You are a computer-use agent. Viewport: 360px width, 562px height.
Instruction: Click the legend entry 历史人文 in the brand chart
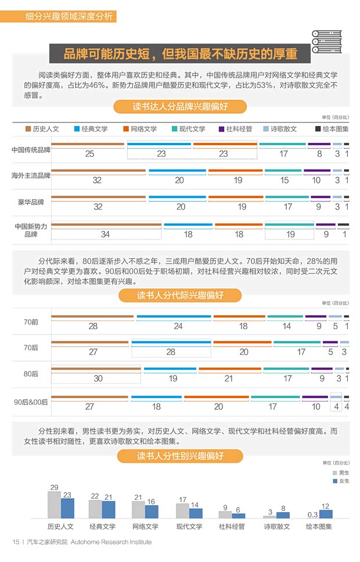[x=42, y=129]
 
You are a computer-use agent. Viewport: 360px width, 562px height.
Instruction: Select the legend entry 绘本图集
[x=331, y=129]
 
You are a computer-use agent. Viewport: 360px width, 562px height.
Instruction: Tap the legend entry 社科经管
[x=235, y=129]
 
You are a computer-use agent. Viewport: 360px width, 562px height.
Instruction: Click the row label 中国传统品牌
[x=31, y=150]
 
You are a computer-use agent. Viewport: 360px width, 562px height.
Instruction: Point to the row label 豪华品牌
[x=31, y=202]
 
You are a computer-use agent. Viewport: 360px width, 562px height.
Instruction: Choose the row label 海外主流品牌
[x=31, y=175]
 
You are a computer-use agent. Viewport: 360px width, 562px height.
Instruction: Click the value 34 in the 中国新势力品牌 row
[x=105, y=235]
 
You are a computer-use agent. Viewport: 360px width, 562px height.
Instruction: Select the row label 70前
[x=31, y=321]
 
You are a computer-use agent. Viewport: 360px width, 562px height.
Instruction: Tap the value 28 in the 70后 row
[x=171, y=352]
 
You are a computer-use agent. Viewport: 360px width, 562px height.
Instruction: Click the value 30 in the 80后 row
[x=98, y=378]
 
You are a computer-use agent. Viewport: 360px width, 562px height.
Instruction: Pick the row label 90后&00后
[x=31, y=402]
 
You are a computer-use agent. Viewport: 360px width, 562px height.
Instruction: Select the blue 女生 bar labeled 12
[x=325, y=513]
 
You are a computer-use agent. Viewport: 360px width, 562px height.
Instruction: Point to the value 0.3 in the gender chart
[x=312, y=514]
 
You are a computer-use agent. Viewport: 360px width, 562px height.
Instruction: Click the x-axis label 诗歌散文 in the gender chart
[x=276, y=527]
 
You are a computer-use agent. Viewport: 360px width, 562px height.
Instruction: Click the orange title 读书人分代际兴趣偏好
[x=180, y=296]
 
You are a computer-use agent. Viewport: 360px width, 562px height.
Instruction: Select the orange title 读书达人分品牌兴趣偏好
[x=180, y=107]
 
